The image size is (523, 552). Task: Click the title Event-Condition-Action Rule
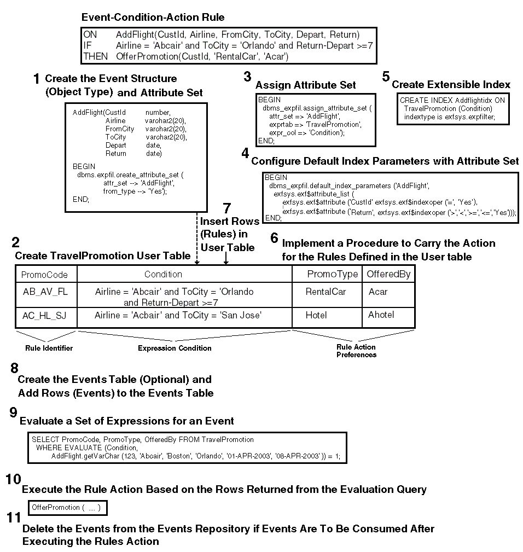[153, 18]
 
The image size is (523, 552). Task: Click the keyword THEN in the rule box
[96, 56]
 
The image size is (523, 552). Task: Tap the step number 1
[36, 80]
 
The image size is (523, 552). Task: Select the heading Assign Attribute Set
[305, 85]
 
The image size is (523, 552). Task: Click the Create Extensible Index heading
[451, 85]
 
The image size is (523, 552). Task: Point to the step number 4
[245, 154]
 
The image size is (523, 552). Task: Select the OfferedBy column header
[388, 274]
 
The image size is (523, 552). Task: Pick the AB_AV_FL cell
[45, 292]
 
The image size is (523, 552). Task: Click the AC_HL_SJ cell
[45, 316]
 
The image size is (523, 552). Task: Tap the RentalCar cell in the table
[326, 292]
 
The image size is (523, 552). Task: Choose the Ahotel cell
[381, 315]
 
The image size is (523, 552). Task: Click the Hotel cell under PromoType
[316, 315]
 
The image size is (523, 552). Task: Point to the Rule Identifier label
[49, 348]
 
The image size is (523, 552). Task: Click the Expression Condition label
[174, 348]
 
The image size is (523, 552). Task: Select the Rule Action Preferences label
[356, 351]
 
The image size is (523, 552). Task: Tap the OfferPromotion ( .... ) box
[66, 508]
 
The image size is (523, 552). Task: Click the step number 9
[14, 413]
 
